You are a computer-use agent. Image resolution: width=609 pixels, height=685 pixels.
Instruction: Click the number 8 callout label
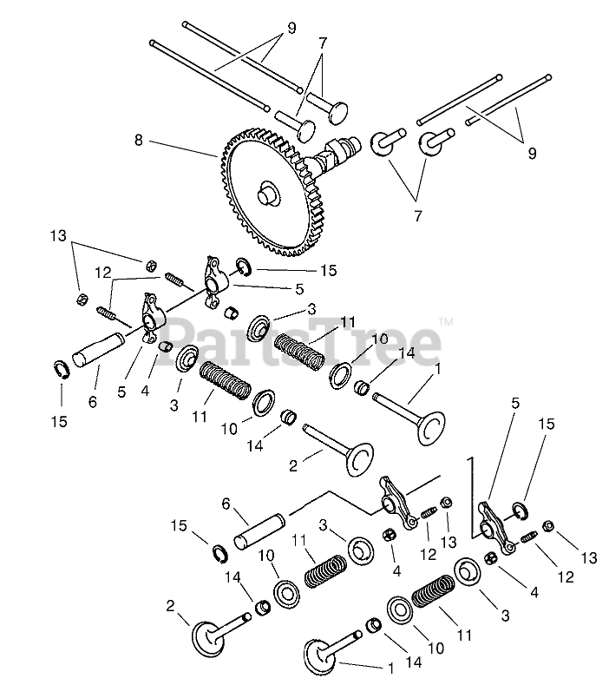tap(138, 139)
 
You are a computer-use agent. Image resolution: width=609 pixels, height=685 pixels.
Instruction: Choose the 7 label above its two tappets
tap(323, 42)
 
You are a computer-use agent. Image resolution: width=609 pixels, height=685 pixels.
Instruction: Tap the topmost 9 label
tap(291, 28)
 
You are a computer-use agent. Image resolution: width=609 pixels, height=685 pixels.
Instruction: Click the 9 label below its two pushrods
tap(531, 153)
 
